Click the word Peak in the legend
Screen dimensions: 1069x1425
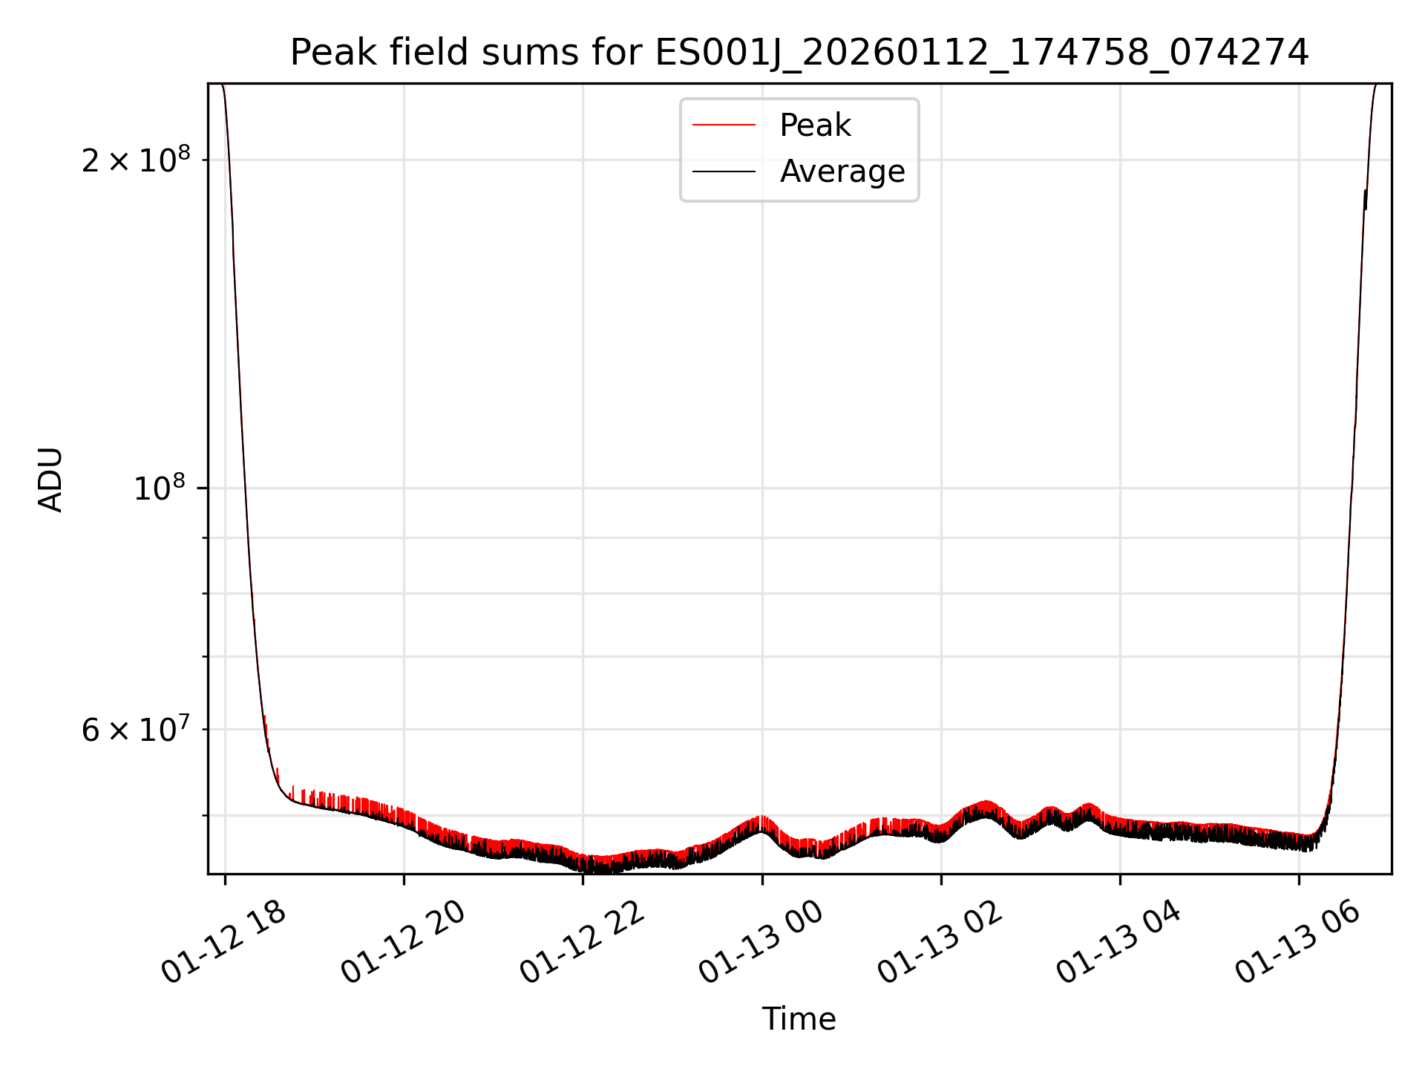814,125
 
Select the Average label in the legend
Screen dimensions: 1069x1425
842,171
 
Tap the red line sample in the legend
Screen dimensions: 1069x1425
724,125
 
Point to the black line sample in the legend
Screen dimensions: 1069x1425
724,171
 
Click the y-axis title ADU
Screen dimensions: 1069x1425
50,480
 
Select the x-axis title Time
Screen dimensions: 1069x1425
799,1019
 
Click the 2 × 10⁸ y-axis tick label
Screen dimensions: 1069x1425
136,160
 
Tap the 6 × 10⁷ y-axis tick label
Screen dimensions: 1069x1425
136,730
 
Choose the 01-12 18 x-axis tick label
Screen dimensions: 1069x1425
223,943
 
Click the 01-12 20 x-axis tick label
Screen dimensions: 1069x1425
402,943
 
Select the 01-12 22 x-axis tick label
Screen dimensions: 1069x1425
581,943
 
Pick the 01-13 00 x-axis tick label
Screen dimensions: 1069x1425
761,943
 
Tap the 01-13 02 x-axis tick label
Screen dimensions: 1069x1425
940,943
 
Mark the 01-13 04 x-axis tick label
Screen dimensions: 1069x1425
1118,943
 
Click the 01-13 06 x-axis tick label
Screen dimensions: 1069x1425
1298,943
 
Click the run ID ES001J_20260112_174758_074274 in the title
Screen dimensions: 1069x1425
981,53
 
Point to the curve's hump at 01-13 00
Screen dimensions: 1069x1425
761,823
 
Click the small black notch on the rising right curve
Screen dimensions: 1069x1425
1365,199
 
